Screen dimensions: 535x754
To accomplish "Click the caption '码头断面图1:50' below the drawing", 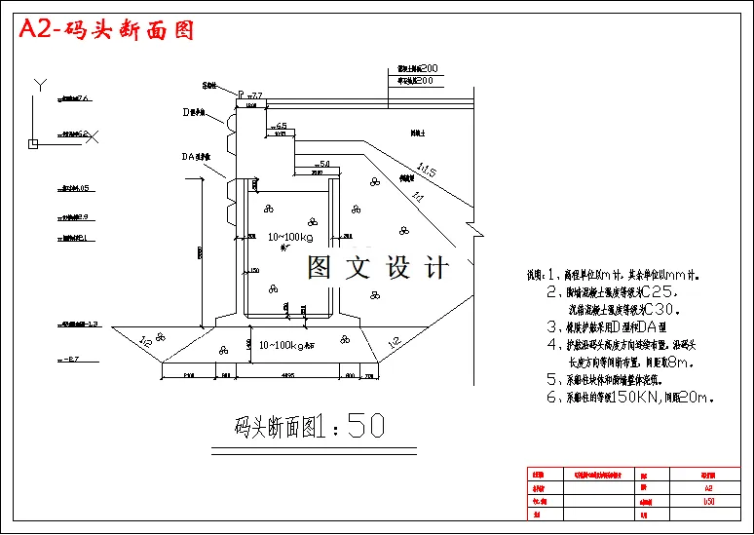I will (310, 426).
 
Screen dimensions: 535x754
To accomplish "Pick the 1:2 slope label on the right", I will (395, 341).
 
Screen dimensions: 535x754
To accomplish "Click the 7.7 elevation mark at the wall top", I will (257, 96).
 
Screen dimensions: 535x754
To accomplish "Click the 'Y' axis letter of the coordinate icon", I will (37, 85).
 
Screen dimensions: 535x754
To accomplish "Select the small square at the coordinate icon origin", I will (32, 144).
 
